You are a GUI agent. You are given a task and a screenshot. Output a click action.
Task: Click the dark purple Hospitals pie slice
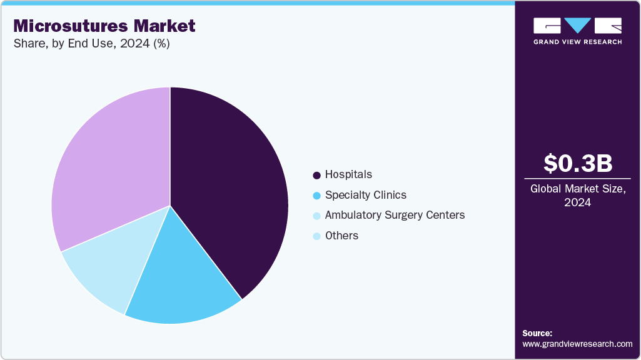pyautogui.click(x=231, y=187)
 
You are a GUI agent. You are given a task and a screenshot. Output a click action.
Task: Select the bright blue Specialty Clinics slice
pyautogui.click(x=181, y=281)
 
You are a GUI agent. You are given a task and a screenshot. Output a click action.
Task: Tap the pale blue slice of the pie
pyautogui.click(x=106, y=262)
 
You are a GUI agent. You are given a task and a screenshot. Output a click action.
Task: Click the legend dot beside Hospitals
pyautogui.click(x=316, y=175)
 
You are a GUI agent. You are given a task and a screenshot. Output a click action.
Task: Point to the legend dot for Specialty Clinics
pyautogui.click(x=316, y=196)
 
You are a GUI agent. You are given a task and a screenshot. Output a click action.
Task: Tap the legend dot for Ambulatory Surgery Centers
pyautogui.click(x=316, y=216)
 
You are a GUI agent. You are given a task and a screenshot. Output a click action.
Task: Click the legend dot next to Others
pyautogui.click(x=316, y=236)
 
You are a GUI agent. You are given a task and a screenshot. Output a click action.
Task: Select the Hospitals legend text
pyautogui.click(x=348, y=174)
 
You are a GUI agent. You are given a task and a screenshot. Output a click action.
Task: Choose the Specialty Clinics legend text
pyautogui.click(x=366, y=195)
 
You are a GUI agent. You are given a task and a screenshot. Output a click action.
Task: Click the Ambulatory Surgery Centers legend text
pyautogui.click(x=395, y=215)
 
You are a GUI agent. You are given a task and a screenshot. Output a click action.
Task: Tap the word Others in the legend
pyautogui.click(x=341, y=236)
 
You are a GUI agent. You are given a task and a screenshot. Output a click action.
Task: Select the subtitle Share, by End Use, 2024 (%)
pyautogui.click(x=91, y=44)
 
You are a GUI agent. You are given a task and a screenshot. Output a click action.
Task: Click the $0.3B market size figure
pyautogui.click(x=577, y=163)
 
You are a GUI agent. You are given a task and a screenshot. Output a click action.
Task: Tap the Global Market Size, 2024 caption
pyautogui.click(x=577, y=195)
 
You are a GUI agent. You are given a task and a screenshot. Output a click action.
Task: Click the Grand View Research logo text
pyautogui.click(x=577, y=42)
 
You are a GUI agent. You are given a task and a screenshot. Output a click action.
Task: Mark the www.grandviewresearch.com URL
pyautogui.click(x=577, y=344)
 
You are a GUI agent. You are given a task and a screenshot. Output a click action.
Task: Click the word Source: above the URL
pyautogui.click(x=537, y=333)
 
